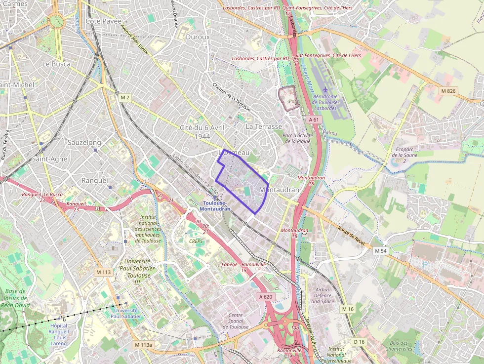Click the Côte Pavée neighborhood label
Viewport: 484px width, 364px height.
pyautogui.click(x=104, y=21)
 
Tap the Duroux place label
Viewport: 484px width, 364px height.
pyautogui.click(x=198, y=37)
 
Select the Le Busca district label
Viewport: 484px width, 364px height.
pyautogui.click(x=56, y=64)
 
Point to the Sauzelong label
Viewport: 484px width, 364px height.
pyautogui.click(x=84, y=142)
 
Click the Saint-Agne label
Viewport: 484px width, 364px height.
pyautogui.click(x=49, y=159)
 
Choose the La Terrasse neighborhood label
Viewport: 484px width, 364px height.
pyautogui.click(x=264, y=127)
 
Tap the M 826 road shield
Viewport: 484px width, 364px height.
pyautogui.click(x=449, y=91)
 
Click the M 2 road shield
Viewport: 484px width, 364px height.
pyautogui.click(x=125, y=98)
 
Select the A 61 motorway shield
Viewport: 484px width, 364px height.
pyautogui.click(x=315, y=120)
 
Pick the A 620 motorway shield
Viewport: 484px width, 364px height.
pyautogui.click(x=265, y=296)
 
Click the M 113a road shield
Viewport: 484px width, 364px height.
pyautogui.click(x=144, y=344)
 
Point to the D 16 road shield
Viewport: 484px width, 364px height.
pyautogui.click(x=359, y=342)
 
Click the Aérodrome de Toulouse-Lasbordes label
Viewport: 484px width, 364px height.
pyautogui.click(x=325, y=101)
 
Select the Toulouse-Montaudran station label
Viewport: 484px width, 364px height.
pyautogui.click(x=215, y=206)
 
